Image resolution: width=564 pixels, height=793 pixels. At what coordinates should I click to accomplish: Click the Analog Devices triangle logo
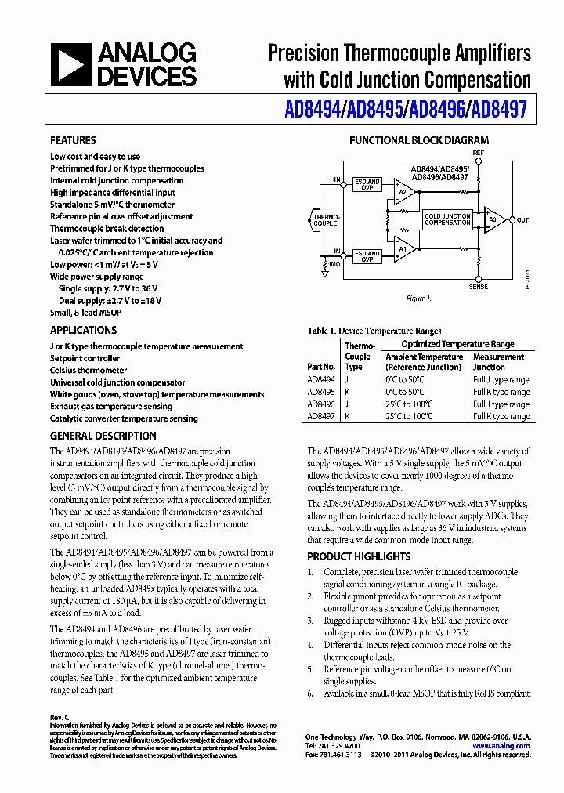pyautogui.click(x=72, y=65)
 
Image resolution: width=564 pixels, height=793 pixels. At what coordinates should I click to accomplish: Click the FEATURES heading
pyautogui.click(x=73, y=140)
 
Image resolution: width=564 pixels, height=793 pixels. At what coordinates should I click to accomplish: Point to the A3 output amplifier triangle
pyautogui.click(x=493, y=220)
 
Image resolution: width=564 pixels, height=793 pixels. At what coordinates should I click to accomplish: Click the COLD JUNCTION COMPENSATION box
pyautogui.click(x=447, y=219)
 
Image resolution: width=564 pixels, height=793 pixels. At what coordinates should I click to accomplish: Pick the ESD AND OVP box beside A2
pyautogui.click(x=367, y=185)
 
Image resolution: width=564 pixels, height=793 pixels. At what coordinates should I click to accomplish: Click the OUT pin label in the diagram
pyautogui.click(x=522, y=220)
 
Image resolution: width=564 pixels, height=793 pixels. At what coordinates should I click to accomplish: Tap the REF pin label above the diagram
pyautogui.click(x=478, y=152)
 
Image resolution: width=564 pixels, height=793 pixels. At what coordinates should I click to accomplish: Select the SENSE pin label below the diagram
pyautogui.click(x=478, y=287)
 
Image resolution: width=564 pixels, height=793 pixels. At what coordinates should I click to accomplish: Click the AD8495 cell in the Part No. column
pyautogui.click(x=320, y=392)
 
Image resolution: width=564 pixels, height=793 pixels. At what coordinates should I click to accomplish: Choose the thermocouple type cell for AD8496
pyautogui.click(x=348, y=404)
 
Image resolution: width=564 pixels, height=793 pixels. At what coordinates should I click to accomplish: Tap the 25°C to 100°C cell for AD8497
pyautogui.click(x=409, y=417)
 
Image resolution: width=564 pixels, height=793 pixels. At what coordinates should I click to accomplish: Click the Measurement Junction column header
pyautogui.click(x=498, y=361)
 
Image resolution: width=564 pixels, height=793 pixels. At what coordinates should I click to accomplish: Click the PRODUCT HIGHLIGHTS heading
pyautogui.click(x=359, y=556)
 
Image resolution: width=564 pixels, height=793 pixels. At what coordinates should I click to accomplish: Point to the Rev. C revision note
pyautogui.click(x=60, y=718)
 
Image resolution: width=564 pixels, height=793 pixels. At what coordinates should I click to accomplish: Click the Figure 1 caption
pyautogui.click(x=418, y=299)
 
